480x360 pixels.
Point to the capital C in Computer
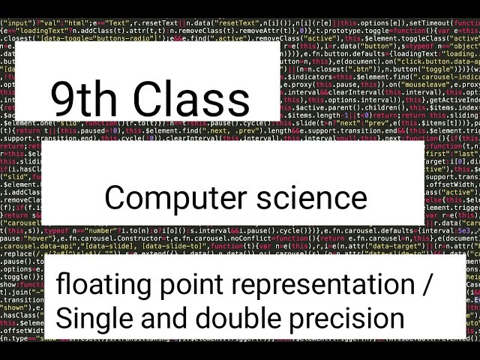(115, 198)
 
